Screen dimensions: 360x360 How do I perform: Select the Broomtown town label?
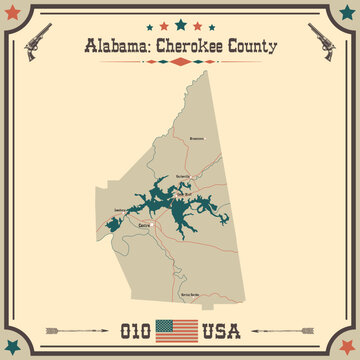(196, 140)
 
